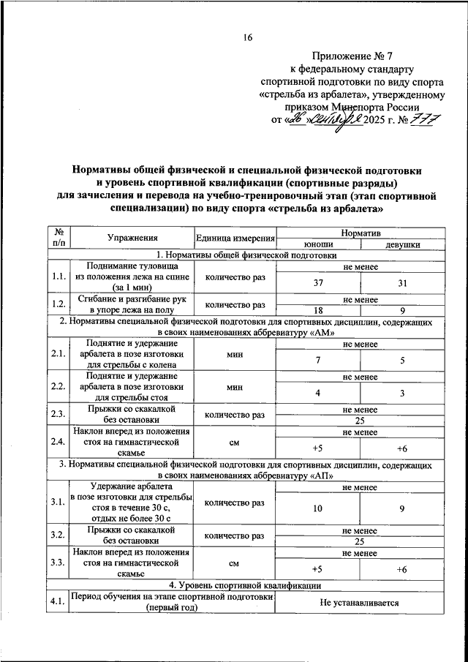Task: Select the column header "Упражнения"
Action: pos(132,238)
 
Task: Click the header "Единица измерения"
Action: pos(235,238)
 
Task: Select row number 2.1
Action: pos(58,354)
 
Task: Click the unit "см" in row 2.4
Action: pos(235,443)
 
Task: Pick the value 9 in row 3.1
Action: pos(401,509)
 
